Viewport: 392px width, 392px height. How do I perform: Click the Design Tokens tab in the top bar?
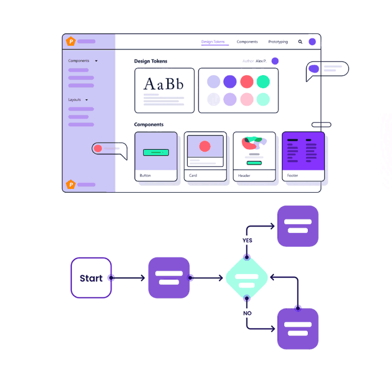point(213,42)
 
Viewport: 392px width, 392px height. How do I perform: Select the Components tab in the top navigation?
point(247,42)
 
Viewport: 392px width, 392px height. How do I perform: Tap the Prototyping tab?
point(278,42)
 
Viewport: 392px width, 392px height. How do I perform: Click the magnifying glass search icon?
point(300,42)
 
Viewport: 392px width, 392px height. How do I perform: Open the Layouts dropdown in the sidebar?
point(78,100)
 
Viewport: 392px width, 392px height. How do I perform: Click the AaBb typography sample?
point(163,84)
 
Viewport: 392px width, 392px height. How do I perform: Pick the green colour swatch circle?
point(263,82)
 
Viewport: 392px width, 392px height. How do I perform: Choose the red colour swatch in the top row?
point(247,82)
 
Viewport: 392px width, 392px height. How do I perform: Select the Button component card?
point(156,156)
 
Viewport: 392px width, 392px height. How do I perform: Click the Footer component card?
point(303,156)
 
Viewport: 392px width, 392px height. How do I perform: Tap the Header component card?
point(254,156)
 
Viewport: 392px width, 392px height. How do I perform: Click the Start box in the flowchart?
point(91,278)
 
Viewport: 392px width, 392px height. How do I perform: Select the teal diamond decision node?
point(247,278)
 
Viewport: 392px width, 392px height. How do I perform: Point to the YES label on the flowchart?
point(247,240)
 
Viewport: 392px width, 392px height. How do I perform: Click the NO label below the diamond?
point(247,314)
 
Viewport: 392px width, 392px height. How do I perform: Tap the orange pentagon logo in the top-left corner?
point(70,41)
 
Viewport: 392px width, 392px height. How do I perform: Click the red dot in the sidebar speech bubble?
point(98,148)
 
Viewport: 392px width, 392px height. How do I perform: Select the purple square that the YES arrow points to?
point(298,226)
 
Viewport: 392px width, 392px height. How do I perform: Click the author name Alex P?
point(261,61)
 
